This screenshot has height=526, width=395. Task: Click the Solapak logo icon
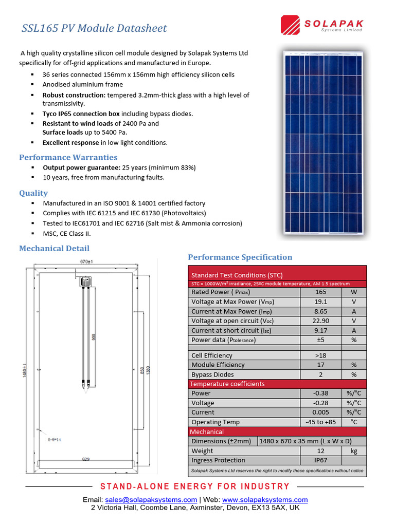pyautogui.click(x=291, y=25)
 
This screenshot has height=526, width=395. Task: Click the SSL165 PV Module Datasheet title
pyautogui.click(x=94, y=28)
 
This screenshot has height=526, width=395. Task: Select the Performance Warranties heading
pyautogui.click(x=68, y=157)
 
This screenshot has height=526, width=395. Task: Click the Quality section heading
pyautogui.click(x=33, y=193)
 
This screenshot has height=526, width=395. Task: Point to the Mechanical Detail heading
pyautogui.click(x=54, y=249)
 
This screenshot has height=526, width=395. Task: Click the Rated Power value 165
pyautogui.click(x=320, y=292)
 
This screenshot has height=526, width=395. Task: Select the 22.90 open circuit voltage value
pyautogui.click(x=320, y=321)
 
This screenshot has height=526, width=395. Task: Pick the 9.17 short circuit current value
pyautogui.click(x=320, y=330)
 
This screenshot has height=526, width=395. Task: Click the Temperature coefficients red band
pyautogui.click(x=278, y=384)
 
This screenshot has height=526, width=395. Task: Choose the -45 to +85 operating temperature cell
pyautogui.click(x=320, y=422)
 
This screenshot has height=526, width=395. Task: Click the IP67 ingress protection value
pyautogui.click(x=320, y=460)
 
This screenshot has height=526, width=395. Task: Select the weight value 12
pyautogui.click(x=320, y=450)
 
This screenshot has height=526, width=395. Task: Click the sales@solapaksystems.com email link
pyautogui.click(x=151, y=499)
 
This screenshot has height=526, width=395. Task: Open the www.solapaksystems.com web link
pyautogui.click(x=265, y=499)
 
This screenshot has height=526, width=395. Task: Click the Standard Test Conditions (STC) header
pyautogui.click(x=237, y=275)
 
